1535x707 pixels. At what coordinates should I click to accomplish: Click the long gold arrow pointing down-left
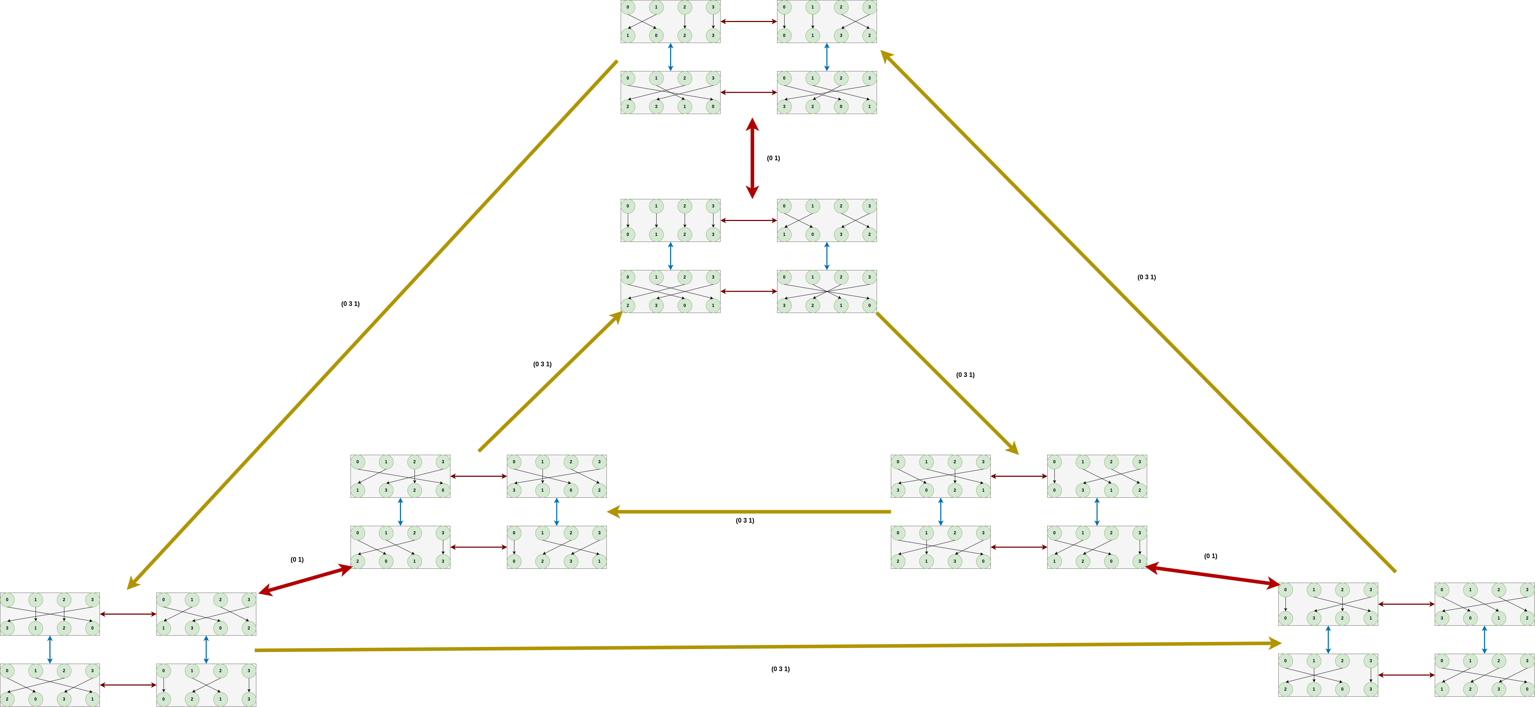[373, 325]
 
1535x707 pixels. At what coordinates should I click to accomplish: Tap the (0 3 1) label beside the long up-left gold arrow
[1146, 277]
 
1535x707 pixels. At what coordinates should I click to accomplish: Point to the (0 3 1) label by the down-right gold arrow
[965, 375]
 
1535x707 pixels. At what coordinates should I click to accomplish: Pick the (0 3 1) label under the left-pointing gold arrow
[744, 520]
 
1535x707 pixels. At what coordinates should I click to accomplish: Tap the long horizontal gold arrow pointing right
[767, 647]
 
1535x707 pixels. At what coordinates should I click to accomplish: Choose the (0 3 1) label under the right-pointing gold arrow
[780, 669]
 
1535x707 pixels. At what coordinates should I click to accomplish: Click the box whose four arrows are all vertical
[670, 220]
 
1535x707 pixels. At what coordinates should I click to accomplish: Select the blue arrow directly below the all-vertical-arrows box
[670, 256]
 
